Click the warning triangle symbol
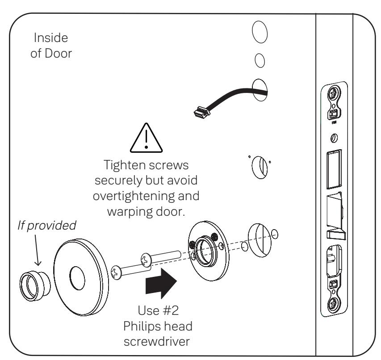tap(146, 138)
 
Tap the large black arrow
tap(161, 283)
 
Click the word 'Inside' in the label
tap(51, 38)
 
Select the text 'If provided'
tap(47, 226)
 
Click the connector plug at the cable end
tap(202, 112)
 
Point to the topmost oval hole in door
tap(260, 32)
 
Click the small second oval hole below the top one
tap(260, 60)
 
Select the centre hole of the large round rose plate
tap(77, 278)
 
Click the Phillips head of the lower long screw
tap(116, 272)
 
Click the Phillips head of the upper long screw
tap(146, 260)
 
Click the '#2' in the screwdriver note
tap(171, 310)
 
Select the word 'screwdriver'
tap(157, 342)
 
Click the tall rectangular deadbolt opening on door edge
tap(334, 169)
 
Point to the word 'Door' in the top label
tap(58, 54)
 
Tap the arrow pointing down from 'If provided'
tap(37, 250)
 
